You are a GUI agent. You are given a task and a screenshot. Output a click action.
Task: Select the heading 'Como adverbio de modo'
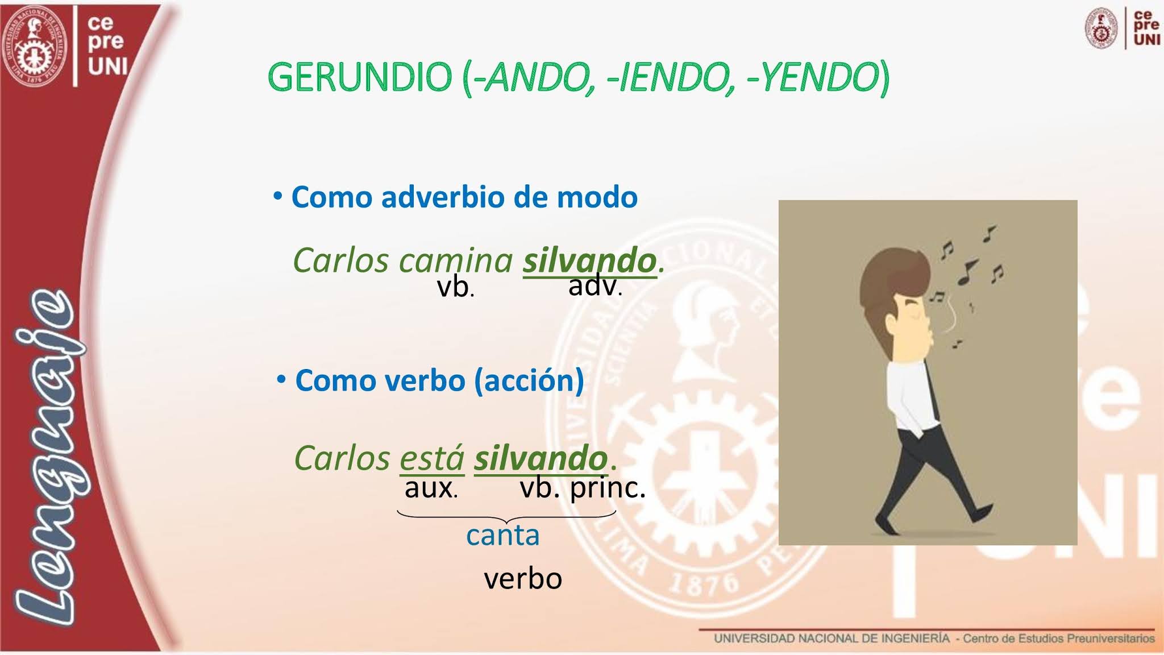[464, 197]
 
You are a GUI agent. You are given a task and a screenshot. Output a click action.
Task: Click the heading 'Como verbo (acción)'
[439, 380]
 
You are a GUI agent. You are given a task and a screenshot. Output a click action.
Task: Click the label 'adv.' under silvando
[595, 285]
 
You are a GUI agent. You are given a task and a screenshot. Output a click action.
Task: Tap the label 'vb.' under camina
[455, 288]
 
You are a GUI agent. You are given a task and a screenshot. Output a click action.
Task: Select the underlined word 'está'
[432, 458]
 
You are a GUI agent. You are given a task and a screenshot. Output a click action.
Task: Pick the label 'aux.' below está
[431, 488]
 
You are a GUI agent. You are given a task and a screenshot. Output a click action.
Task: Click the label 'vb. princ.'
[583, 488]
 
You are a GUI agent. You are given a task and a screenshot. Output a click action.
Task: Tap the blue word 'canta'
[502, 536]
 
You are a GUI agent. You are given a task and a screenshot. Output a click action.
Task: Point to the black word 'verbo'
[523, 579]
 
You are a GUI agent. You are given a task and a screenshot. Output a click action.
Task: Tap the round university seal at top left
[35, 45]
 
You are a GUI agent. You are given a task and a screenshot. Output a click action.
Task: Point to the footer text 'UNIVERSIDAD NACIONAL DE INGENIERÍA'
[832, 639]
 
